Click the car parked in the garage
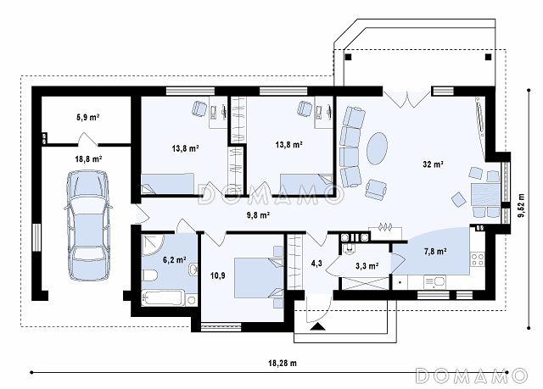(x=88, y=225)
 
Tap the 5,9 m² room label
(x=88, y=118)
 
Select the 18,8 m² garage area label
(x=88, y=159)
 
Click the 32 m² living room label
(x=433, y=164)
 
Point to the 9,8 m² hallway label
(x=258, y=215)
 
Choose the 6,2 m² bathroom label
(x=175, y=259)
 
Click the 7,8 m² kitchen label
(x=435, y=252)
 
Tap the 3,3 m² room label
(x=367, y=266)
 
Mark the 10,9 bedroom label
(x=218, y=275)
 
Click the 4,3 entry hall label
(x=316, y=264)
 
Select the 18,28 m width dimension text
(x=283, y=363)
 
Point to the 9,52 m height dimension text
(x=521, y=205)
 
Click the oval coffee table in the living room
(x=377, y=148)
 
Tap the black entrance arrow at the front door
(x=317, y=327)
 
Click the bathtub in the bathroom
(x=164, y=298)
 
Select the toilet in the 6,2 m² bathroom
(x=149, y=275)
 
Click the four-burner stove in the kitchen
(x=477, y=259)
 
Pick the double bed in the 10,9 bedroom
(x=259, y=278)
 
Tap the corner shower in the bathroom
(x=153, y=245)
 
